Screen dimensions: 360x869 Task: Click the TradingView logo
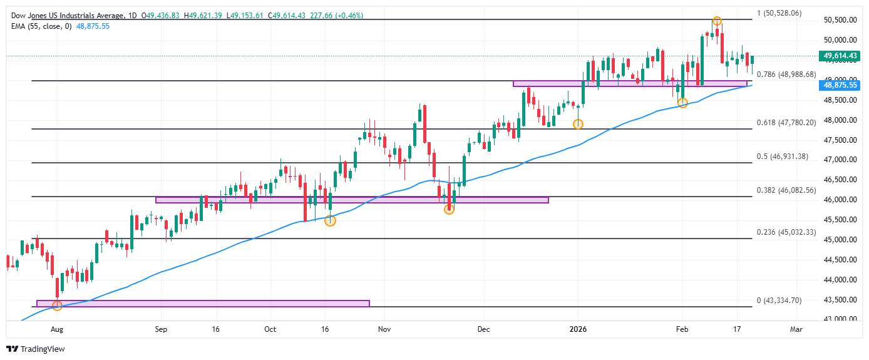point(35,349)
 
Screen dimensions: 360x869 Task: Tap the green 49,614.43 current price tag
point(840,56)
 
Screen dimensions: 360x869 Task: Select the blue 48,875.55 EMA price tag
point(840,85)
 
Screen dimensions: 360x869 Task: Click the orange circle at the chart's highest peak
point(717,21)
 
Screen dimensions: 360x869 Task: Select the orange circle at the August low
point(57,306)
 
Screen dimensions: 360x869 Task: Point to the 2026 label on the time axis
point(577,328)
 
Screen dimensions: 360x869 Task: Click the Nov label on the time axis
point(384,328)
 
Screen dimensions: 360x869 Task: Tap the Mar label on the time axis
point(796,328)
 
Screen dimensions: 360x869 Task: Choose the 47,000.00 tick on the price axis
point(840,160)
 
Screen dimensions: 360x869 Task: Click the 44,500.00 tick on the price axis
point(840,260)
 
